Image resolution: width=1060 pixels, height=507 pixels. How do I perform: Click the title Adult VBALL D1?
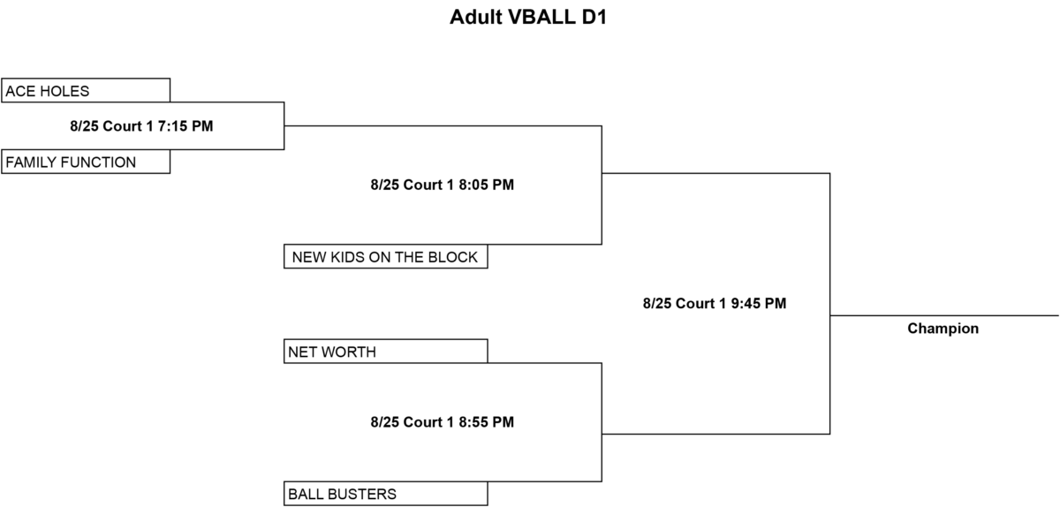(528, 17)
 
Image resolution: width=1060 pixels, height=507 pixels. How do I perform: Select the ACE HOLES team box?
(86, 90)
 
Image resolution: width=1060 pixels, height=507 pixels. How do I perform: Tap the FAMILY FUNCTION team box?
(86, 162)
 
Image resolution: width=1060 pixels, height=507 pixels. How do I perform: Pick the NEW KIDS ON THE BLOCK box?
(386, 256)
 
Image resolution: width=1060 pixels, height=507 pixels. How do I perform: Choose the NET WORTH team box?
(386, 352)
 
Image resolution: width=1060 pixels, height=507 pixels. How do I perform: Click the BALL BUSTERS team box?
(386, 494)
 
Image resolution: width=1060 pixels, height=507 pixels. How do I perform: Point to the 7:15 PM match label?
(141, 126)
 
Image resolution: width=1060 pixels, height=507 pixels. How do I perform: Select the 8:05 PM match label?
(442, 185)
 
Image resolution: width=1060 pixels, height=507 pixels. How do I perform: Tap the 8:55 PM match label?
(442, 422)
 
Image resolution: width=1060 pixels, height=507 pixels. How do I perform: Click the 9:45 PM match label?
(715, 304)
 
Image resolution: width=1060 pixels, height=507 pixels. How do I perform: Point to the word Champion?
(943, 329)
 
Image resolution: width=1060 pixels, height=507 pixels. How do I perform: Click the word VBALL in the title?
(541, 17)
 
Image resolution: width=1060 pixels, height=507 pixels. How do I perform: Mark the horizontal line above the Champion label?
(944, 315)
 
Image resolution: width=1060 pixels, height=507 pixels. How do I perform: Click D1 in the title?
(594, 17)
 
